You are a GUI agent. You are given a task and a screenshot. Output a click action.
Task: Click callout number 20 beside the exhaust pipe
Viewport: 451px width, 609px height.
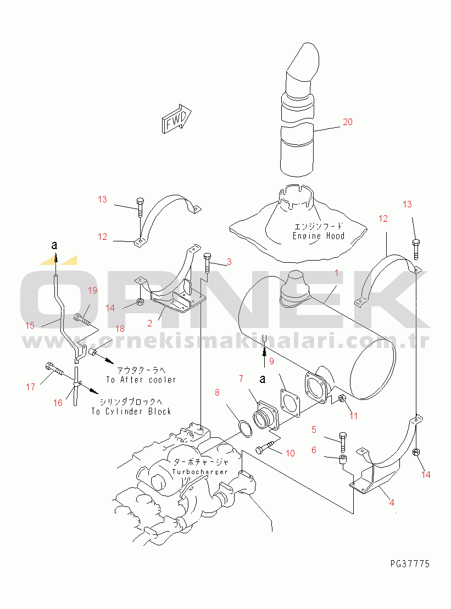point(347,122)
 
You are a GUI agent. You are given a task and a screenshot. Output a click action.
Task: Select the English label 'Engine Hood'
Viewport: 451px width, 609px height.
point(319,236)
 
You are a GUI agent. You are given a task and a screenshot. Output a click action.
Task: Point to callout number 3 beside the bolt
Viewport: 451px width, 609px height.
point(229,262)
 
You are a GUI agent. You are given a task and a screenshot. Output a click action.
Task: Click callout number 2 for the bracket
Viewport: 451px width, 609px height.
point(149,323)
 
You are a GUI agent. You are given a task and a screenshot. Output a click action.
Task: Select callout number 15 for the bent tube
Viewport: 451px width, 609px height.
point(30,325)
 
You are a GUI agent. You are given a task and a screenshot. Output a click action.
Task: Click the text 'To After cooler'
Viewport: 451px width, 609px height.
point(141,380)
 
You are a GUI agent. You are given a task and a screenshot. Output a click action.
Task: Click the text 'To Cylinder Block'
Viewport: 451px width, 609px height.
point(131,411)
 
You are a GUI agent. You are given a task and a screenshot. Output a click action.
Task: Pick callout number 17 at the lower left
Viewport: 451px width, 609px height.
point(30,387)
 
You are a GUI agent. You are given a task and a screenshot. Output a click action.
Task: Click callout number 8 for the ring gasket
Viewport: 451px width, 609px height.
point(217,392)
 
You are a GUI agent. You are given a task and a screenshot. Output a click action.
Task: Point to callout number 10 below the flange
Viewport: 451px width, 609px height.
point(290,453)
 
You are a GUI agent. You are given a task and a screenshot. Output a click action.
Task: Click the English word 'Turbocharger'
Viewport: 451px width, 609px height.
point(200,472)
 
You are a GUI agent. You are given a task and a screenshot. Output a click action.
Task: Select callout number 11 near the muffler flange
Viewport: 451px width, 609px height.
point(353,416)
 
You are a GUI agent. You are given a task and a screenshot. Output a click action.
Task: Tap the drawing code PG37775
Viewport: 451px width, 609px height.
point(410,564)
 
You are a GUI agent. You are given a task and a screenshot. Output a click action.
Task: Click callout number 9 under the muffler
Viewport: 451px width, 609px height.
point(270,362)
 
